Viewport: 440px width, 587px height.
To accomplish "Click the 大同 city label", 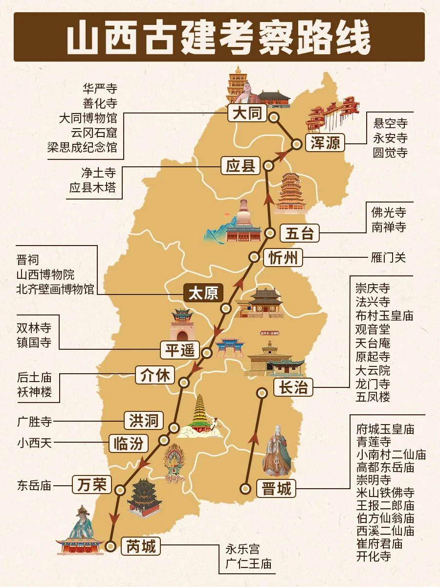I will [x=247, y=114].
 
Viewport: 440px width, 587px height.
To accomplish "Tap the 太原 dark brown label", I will [x=203, y=293].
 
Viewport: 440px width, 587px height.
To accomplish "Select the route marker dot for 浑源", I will [x=297, y=144].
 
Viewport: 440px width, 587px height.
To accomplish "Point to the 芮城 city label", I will [x=141, y=546].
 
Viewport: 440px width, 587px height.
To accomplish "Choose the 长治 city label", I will [x=293, y=387].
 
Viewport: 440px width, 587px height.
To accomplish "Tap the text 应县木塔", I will [x=92, y=187].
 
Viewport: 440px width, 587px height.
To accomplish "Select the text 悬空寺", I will [x=390, y=123].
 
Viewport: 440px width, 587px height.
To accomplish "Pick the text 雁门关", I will [x=388, y=257].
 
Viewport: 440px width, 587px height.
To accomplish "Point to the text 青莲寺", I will [x=374, y=442].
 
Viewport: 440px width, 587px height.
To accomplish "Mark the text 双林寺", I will [x=34, y=328].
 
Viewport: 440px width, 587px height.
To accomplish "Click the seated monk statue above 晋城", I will [x=276, y=451].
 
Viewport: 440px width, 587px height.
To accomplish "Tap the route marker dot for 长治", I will [x=262, y=392].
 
